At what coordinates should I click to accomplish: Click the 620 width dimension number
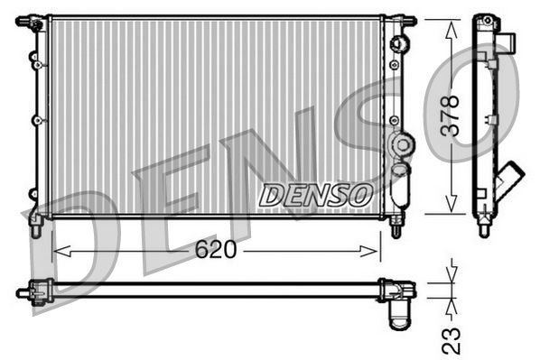click(216, 250)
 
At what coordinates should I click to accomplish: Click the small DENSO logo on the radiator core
click(314, 193)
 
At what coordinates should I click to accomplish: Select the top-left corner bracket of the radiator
click(35, 22)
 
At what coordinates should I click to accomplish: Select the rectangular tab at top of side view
click(508, 42)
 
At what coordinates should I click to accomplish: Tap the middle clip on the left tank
click(35, 119)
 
